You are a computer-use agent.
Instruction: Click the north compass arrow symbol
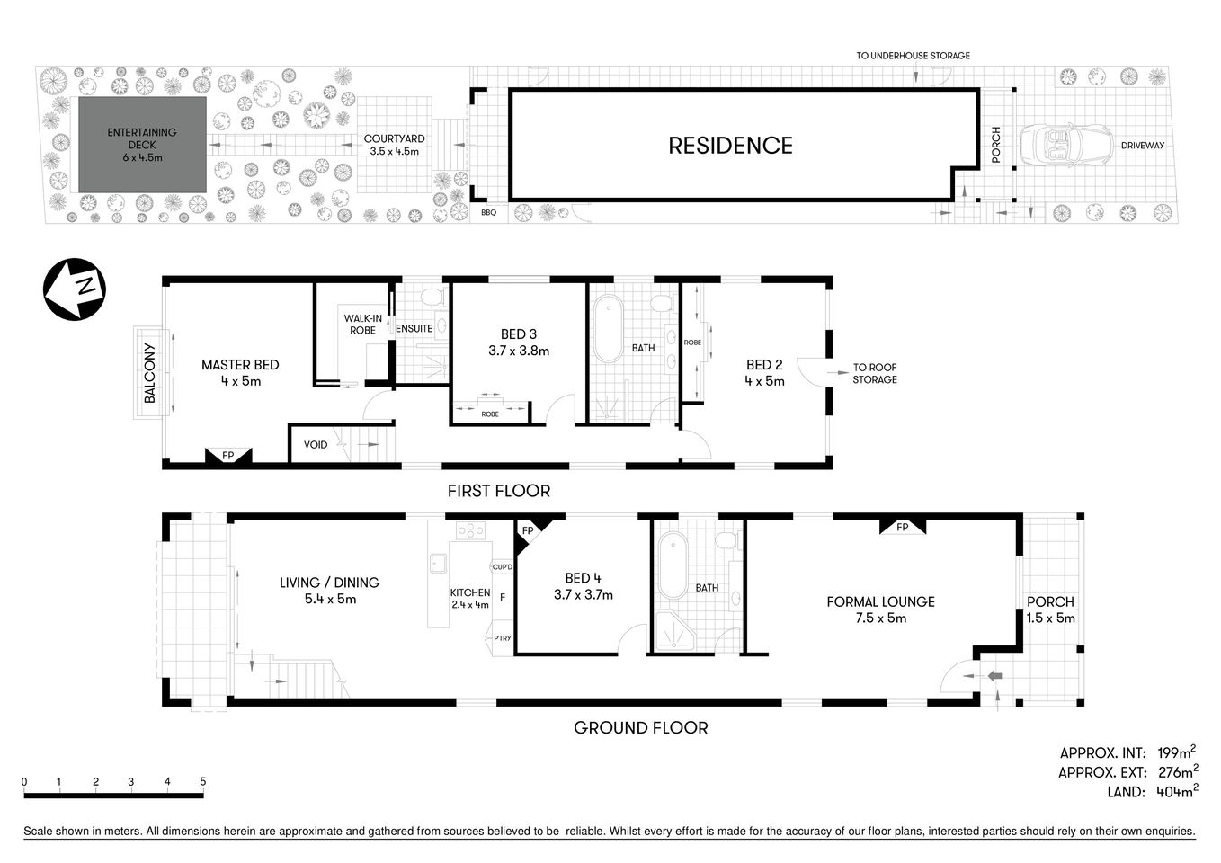[75, 289]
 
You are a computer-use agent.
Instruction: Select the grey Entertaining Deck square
[142, 145]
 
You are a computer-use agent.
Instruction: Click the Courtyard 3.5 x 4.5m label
[394, 145]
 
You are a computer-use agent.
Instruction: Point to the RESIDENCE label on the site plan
[730, 146]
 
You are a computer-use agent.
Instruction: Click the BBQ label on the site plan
[488, 213]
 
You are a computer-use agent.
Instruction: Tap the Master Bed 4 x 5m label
[240, 372]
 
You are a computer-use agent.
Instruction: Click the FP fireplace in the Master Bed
[228, 456]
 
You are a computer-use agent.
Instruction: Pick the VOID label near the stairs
[316, 444]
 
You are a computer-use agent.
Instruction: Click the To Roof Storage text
[874, 373]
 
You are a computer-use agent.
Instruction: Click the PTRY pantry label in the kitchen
[502, 638]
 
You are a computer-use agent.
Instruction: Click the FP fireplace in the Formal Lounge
[902, 527]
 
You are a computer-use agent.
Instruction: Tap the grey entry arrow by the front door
[994, 676]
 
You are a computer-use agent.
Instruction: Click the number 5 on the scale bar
[203, 781]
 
